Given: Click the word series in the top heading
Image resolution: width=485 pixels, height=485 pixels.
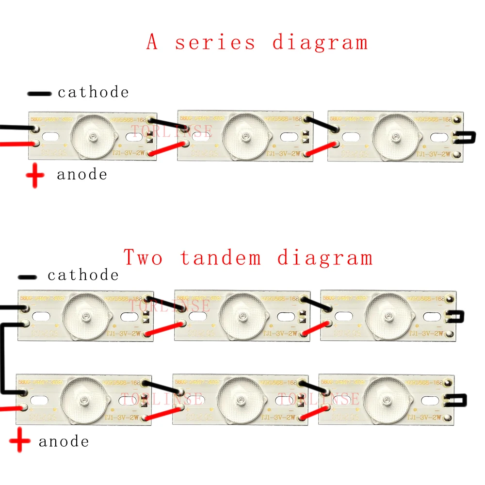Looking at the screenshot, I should coord(215,42).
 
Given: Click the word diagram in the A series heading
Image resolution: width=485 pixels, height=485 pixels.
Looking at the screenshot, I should coord(320,42).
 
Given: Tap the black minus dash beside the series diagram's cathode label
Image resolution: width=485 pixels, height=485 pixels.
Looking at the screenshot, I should coord(40,93).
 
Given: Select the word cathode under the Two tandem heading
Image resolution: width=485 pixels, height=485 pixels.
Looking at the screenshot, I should coord(83,275).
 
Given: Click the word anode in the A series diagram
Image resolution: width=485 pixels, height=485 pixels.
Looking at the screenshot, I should coord(82,175).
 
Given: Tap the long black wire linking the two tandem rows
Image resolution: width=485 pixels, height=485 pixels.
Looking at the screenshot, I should coord(4,359).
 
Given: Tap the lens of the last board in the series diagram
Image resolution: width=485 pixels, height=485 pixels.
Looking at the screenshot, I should coord(396,133).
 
